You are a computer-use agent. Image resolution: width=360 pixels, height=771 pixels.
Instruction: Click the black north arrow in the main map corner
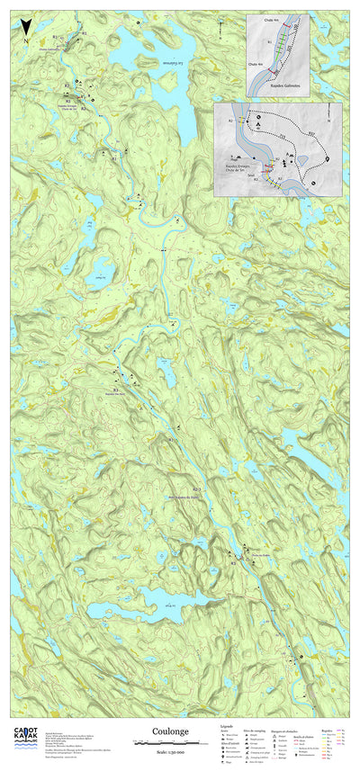[x=27, y=30]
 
